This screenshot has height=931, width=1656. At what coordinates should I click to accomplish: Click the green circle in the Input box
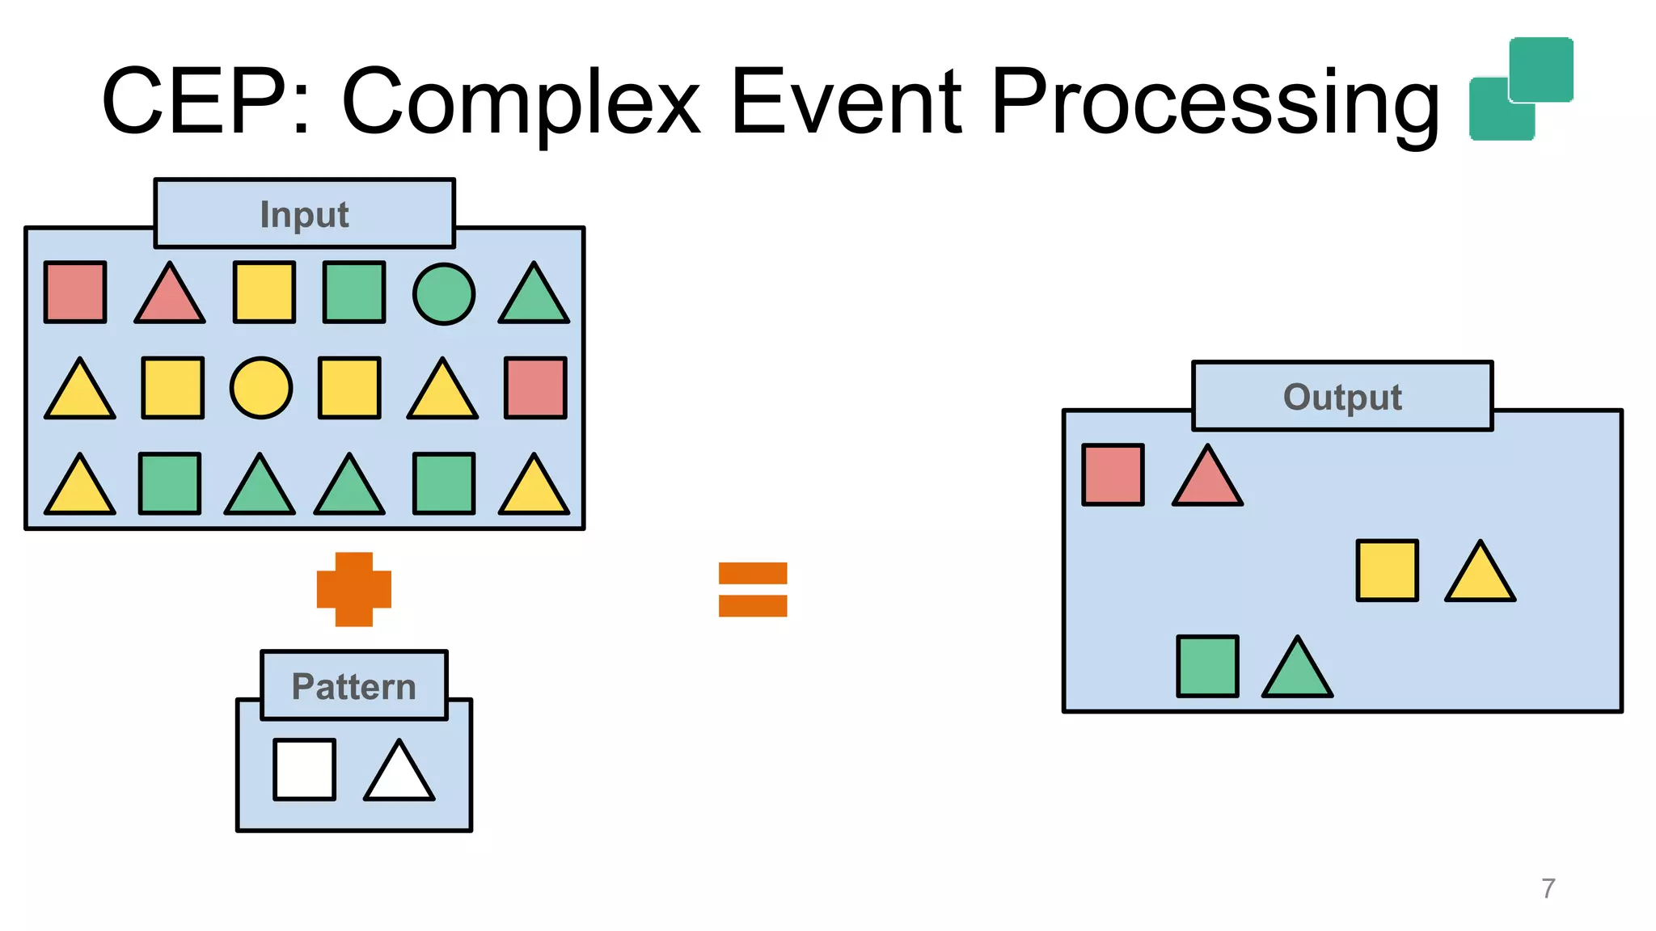(x=444, y=294)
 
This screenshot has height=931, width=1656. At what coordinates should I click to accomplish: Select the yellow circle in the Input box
(x=261, y=388)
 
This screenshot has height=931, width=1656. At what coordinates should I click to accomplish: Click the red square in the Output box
(x=1113, y=474)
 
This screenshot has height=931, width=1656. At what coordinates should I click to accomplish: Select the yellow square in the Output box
(x=1387, y=571)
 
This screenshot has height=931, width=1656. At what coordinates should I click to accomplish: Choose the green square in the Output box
(x=1207, y=666)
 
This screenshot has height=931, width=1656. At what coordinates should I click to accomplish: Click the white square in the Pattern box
(x=305, y=769)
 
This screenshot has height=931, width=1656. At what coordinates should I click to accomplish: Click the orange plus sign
(x=354, y=589)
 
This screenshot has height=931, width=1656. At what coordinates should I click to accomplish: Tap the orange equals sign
(x=753, y=589)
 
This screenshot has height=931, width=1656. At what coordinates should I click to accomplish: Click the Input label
(x=305, y=214)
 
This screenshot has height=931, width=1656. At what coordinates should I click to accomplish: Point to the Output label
(x=1342, y=397)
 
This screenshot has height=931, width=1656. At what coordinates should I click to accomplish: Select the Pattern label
(x=354, y=686)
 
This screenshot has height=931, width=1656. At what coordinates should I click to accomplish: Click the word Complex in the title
(x=521, y=103)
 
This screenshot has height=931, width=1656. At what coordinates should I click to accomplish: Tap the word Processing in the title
(x=1215, y=103)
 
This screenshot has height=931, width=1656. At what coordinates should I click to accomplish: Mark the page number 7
(x=1548, y=888)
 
